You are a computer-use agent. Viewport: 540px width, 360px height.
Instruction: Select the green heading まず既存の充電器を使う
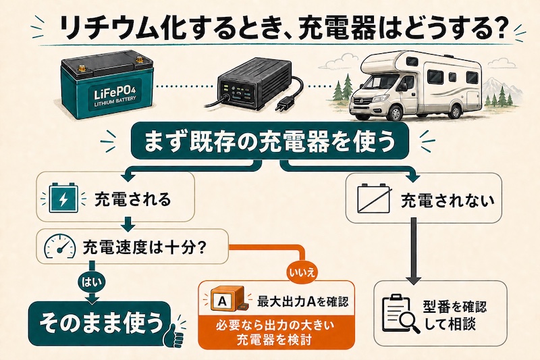(x=270, y=141)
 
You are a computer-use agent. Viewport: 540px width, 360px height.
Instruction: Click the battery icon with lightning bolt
(x=63, y=199)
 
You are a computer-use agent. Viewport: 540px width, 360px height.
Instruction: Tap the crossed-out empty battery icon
(x=374, y=198)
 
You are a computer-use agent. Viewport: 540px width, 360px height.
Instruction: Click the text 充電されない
(x=448, y=201)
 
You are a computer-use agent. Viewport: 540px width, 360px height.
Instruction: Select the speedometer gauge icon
(x=60, y=247)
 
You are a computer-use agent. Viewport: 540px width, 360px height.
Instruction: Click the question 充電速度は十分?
(x=144, y=247)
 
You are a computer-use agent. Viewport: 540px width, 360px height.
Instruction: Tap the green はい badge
(x=92, y=282)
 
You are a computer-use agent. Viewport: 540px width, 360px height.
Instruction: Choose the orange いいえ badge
(x=302, y=274)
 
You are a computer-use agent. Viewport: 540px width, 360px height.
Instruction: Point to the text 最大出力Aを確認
(x=302, y=302)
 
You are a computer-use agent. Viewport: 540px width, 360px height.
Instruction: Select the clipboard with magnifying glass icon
(x=401, y=313)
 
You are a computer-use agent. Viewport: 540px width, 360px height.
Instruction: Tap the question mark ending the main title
(x=495, y=28)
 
